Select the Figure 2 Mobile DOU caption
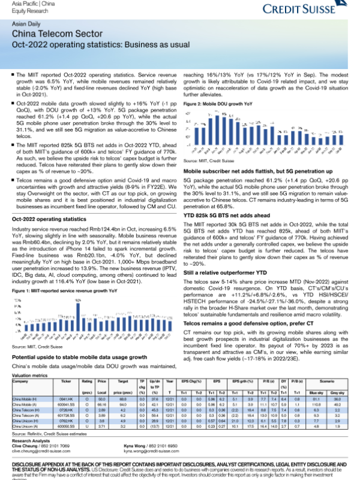[x=218, y=104]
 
